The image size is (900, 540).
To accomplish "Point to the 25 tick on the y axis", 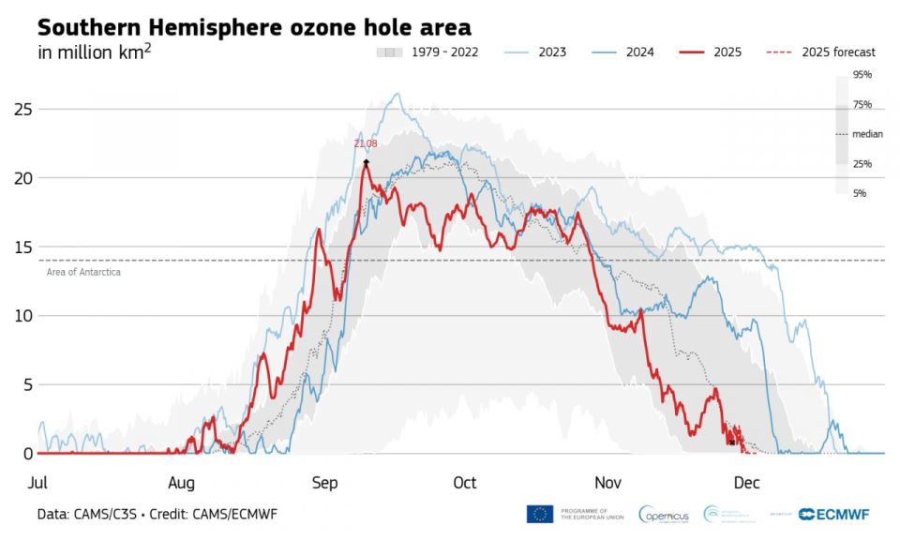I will point(22,109).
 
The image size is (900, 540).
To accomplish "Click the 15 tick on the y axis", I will point(22,247).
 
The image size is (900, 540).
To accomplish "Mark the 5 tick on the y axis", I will point(27,384).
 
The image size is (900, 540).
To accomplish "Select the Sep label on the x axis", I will point(324,483).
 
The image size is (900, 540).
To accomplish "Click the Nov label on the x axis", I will point(607,483).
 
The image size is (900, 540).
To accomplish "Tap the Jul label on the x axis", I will point(38,483).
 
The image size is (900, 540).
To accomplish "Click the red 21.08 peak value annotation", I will point(366,143).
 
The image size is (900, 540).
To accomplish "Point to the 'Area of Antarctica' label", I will point(83,272).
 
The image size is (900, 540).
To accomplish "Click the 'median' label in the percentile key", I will point(867,134).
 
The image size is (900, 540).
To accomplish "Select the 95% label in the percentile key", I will point(862,74).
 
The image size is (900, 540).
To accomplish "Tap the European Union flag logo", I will point(540,514).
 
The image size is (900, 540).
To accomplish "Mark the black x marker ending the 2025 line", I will point(732,442).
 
